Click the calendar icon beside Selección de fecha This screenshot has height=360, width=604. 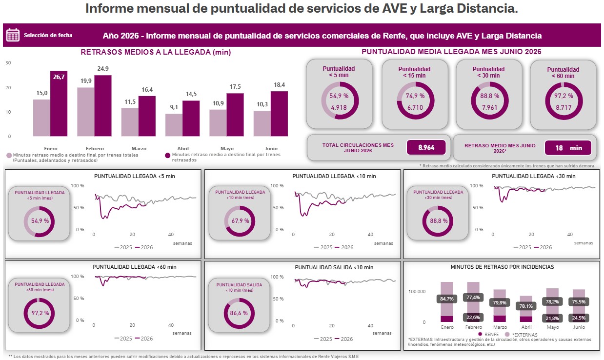click(13, 35)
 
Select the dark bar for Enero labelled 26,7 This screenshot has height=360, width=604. click(59, 103)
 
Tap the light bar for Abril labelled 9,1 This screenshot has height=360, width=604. click(174, 125)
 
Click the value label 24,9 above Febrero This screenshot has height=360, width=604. click(103, 68)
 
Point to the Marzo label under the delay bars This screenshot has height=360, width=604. click(139, 149)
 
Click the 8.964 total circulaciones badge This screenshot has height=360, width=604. click(426, 147)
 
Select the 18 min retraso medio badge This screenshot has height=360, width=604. click(568, 148)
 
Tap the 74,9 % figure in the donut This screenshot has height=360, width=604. click(415, 96)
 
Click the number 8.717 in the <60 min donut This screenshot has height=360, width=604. click(564, 108)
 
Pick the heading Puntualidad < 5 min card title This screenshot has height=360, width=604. click(339, 72)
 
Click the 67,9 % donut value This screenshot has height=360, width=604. click(240, 221)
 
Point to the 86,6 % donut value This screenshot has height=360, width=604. click(239, 313)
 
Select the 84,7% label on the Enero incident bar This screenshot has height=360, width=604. click(447, 299)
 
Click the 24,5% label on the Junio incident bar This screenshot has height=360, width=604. click(579, 318)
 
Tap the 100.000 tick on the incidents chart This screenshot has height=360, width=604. click(417, 292)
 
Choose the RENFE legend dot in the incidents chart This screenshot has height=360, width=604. click(480, 334)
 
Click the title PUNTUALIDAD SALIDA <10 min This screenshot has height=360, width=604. click(334, 267)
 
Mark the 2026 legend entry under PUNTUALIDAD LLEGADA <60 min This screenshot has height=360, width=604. click(144, 339)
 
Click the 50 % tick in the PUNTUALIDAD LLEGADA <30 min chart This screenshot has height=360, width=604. click(478, 208)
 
